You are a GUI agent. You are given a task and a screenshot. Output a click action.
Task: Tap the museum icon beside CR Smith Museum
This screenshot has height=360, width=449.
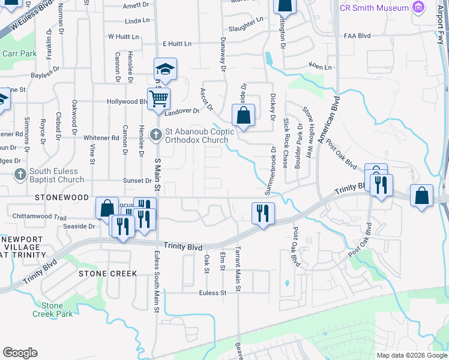(418, 8)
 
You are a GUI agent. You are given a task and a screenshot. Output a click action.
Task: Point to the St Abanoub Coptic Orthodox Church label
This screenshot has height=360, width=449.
(193, 137)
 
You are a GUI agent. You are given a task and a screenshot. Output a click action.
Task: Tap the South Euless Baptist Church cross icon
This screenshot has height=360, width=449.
(20, 175)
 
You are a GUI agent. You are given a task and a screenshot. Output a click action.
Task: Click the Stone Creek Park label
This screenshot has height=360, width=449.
(52, 310)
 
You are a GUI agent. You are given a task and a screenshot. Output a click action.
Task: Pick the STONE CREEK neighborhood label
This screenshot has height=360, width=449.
(108, 274)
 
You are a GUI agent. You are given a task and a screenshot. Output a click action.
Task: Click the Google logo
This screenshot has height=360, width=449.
(20, 353)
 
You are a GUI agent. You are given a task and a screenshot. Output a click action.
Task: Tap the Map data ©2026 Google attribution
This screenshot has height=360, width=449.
(411, 355)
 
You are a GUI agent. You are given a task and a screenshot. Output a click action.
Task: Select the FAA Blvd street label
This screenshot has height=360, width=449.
(359, 35)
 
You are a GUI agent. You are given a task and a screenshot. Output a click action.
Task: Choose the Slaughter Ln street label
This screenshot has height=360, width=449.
(246, 29)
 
